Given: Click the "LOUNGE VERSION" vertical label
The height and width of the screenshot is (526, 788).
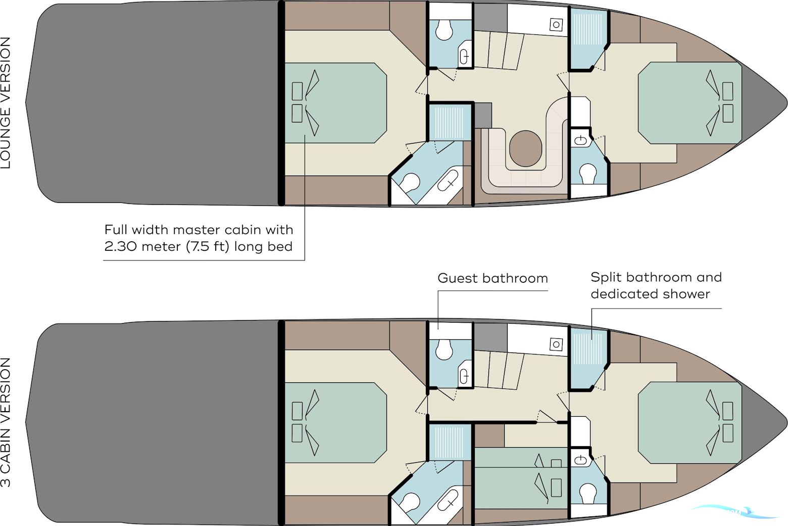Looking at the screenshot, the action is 6,103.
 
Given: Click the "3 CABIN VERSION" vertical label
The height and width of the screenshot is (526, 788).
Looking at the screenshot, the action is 6,422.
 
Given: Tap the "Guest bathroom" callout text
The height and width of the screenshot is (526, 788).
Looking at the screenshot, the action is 492,279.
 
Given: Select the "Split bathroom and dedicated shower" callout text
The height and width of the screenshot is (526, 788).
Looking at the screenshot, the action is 656,285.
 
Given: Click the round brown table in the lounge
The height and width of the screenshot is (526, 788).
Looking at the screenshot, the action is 525,148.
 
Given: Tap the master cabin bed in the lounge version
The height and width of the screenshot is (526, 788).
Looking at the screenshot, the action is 335,103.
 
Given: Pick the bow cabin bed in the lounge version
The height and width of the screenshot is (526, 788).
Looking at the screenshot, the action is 690,103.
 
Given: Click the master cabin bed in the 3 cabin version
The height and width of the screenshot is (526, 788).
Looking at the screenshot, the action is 335,422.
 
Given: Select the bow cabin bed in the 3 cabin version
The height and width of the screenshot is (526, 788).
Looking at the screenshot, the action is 690,423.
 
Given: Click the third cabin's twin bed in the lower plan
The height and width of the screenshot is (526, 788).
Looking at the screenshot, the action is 521,478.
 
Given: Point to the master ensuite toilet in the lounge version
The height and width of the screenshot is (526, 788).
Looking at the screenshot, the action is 410,183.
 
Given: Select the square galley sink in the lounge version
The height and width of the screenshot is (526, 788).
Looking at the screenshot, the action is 556,25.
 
